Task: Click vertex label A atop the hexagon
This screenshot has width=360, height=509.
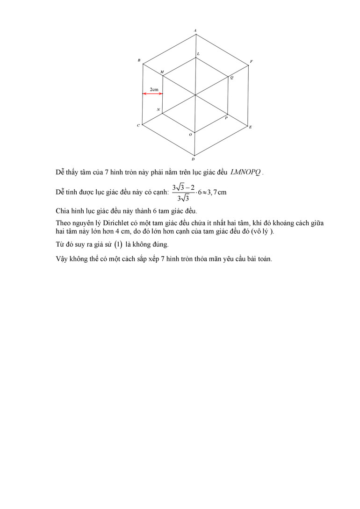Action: [195, 31]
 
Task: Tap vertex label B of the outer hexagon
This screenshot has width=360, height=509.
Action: [139, 61]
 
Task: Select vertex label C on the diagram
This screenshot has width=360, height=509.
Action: [138, 126]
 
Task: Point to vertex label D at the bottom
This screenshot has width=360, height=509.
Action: [193, 159]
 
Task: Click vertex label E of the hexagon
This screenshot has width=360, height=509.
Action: [251, 127]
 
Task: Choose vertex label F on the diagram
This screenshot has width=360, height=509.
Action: [251, 62]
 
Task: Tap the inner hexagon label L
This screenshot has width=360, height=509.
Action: [198, 54]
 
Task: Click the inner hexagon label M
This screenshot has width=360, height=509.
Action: [162, 72]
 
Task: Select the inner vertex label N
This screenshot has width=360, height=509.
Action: [158, 110]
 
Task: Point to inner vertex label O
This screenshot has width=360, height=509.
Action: [190, 135]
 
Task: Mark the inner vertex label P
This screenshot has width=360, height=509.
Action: [226, 118]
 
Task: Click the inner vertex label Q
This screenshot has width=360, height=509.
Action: [231, 78]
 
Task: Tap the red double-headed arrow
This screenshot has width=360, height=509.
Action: [153, 94]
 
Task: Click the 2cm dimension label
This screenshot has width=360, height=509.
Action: [154, 89]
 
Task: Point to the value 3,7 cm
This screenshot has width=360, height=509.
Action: [216, 192]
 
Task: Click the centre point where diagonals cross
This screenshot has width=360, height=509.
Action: [195, 95]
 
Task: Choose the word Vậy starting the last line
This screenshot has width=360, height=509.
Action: [62, 259]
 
